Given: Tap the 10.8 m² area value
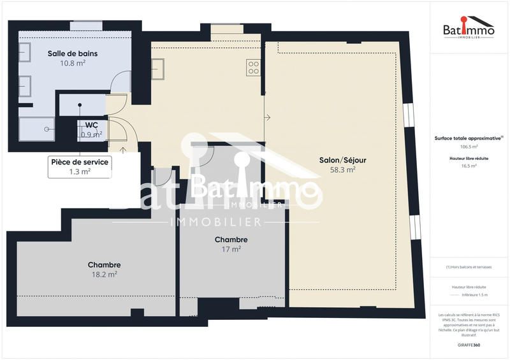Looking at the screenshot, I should [x=73, y=64].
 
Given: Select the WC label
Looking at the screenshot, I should [x=91, y=125].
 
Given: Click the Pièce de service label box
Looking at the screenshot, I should [x=80, y=167].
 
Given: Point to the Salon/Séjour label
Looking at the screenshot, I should [x=343, y=160].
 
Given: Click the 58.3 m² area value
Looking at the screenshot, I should [x=343, y=170].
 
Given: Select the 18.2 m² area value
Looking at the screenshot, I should [x=104, y=275].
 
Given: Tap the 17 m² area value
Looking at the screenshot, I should [x=231, y=250].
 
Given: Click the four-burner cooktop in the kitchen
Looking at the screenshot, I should [x=253, y=67].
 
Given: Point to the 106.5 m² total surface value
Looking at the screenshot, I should [x=469, y=145].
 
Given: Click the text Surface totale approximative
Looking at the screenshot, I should [x=467, y=138].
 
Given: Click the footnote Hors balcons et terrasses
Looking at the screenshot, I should [x=470, y=267].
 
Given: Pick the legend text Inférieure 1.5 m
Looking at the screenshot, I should [x=475, y=295].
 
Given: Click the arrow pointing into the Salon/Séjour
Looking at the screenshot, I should [x=268, y=117].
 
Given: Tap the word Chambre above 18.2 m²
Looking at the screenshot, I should [x=104, y=264].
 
